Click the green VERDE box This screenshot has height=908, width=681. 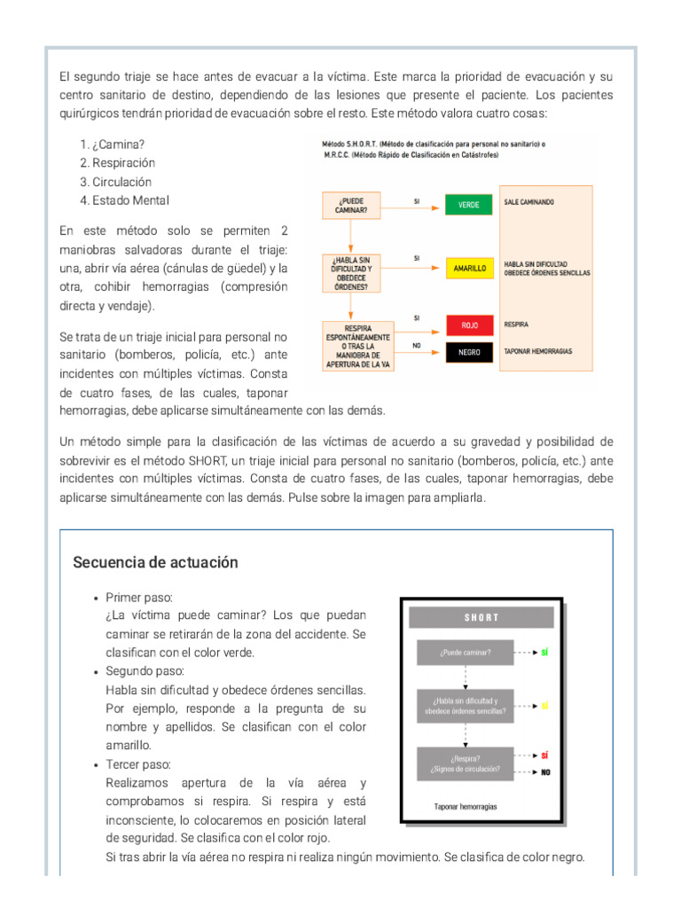(468, 205)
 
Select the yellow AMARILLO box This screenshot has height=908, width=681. (468, 268)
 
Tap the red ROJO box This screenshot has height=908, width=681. (469, 325)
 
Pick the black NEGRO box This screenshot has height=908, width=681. (469, 352)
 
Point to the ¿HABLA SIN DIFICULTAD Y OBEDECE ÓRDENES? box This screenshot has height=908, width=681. (350, 268)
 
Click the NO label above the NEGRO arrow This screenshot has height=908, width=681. (417, 344)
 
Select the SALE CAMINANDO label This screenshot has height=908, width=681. (528, 202)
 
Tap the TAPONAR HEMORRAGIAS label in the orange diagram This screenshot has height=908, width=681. (537, 351)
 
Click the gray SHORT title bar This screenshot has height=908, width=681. (481, 617)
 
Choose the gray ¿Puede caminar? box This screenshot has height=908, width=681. (465, 653)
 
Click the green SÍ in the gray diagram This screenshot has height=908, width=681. (544, 653)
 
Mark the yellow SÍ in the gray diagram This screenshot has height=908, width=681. (544, 706)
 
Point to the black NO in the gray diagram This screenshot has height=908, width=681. (545, 772)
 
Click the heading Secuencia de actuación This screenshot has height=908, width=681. (155, 563)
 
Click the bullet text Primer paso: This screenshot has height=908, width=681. (139, 597)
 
